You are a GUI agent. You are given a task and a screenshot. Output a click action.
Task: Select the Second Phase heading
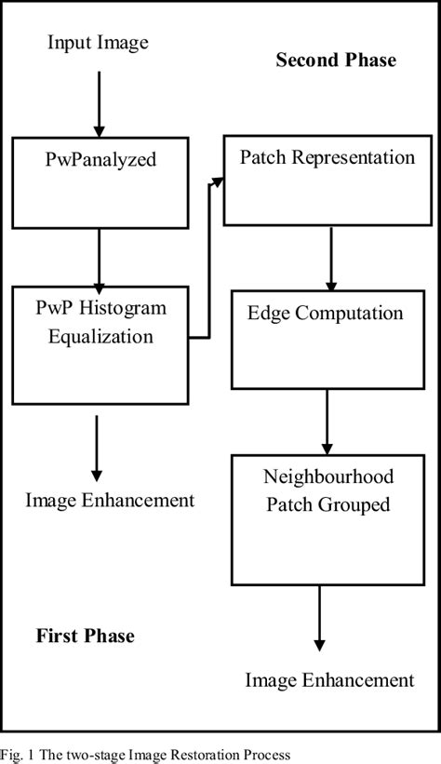[335, 60]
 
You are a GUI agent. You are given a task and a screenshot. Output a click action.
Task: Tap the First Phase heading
[86, 637]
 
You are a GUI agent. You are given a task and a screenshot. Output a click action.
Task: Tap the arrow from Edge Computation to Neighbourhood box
[327, 421]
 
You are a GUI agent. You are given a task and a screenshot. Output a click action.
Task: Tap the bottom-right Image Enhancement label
[329, 680]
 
